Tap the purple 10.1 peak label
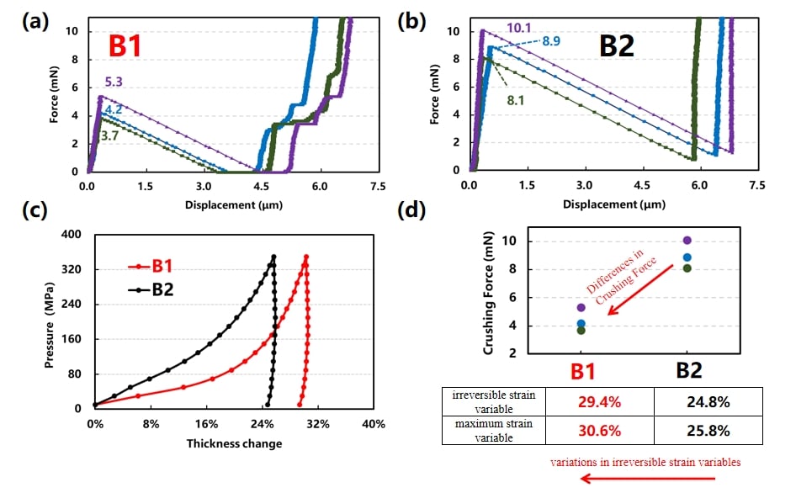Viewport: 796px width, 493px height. coord(517,28)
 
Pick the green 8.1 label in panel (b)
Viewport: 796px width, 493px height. coord(515,98)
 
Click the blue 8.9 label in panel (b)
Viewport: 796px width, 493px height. coord(551,40)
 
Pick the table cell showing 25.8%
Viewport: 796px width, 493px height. coord(687,431)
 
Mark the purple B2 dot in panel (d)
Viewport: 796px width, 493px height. coord(687,241)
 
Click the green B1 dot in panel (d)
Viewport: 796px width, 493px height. coord(581,330)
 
